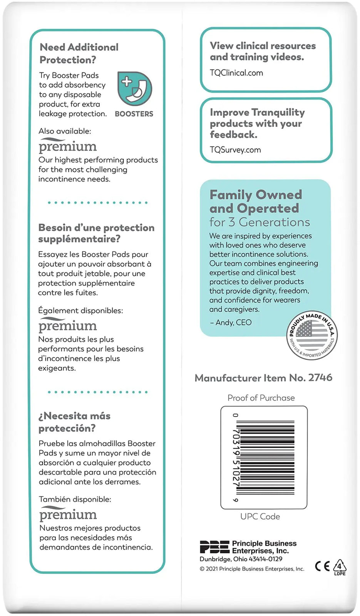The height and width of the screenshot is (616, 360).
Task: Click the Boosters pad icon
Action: pyautogui.click(x=134, y=89)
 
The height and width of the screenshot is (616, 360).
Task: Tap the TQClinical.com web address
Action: pyautogui.click(x=236, y=73)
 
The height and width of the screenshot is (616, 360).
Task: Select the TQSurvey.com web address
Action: pyautogui.click(x=235, y=150)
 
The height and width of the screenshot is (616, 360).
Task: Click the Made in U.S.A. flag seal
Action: pyautogui.click(x=312, y=335)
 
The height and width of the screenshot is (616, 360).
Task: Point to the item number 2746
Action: pyautogui.click(x=320, y=378)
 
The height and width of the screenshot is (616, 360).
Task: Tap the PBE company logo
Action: pyautogui.click(x=214, y=547)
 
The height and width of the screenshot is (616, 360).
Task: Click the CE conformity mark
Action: pyautogui.click(x=322, y=566)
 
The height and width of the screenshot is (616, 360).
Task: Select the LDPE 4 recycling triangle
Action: pyautogui.click(x=339, y=567)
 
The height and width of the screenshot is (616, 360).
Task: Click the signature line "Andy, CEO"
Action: pyautogui.click(x=231, y=323)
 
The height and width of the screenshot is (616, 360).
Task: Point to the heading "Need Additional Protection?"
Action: pyautogui.click(x=79, y=54)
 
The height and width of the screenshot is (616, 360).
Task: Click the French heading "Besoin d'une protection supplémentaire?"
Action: pyautogui.click(x=96, y=233)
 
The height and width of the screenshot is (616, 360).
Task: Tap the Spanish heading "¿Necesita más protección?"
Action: pyautogui.click(x=74, y=422)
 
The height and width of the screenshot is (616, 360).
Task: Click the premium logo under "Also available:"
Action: pyautogui.click(x=67, y=146)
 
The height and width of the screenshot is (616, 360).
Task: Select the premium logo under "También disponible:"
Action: pyautogui.click(x=68, y=514)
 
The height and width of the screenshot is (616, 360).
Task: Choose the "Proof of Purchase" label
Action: pyautogui.click(x=261, y=398)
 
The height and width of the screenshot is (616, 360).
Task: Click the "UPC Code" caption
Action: pyautogui.click(x=260, y=516)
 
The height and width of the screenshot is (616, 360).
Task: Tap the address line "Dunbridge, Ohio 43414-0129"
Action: pyautogui.click(x=241, y=559)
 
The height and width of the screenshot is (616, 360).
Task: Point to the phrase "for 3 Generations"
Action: pyautogui.click(x=260, y=222)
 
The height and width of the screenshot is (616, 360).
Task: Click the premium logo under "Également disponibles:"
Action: pyautogui.click(x=67, y=325)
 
